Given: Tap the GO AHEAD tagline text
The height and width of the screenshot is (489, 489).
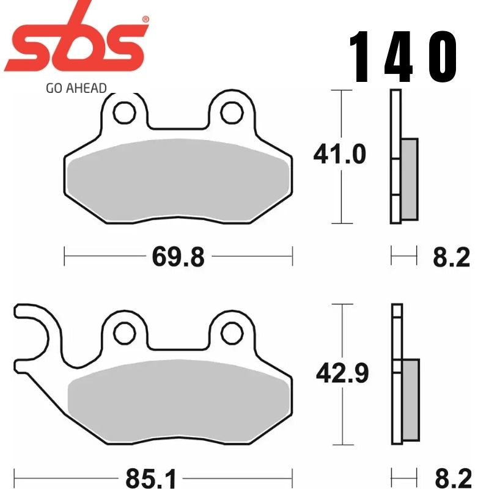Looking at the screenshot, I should pos(76,87).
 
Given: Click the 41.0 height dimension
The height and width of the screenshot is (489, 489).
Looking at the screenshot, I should pos(339,155).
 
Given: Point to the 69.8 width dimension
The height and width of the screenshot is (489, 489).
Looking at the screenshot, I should pos(178,257).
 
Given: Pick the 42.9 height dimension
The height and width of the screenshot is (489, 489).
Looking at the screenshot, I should pos(342,373).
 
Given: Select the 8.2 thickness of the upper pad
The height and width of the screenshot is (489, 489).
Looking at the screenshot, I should pos(452,257).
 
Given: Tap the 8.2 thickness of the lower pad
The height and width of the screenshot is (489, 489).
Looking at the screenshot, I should pos(452,475).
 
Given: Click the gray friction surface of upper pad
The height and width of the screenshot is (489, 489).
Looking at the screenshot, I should pos(178,181).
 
